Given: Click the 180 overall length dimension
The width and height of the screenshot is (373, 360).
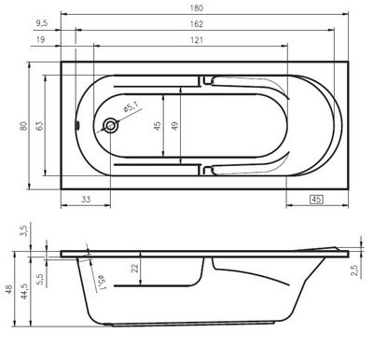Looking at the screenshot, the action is [x=197, y=7].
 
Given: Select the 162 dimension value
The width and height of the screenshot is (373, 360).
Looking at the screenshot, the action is [x=197, y=24].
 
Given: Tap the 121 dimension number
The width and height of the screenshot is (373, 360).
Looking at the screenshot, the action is [x=197, y=40].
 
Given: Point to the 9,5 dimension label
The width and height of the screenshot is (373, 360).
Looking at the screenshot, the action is [x=42, y=23].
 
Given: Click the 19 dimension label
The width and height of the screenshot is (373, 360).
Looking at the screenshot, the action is [x=40, y=39].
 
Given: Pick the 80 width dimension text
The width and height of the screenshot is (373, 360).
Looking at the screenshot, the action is [x=23, y=126].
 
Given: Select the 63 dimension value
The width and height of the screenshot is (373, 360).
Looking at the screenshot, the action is [x=39, y=126].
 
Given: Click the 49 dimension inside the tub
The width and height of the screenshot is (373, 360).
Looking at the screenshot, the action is [x=175, y=126].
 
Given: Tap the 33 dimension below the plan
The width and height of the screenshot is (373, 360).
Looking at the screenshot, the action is [x=86, y=199].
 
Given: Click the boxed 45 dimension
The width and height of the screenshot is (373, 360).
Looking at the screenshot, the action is [x=316, y=200].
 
